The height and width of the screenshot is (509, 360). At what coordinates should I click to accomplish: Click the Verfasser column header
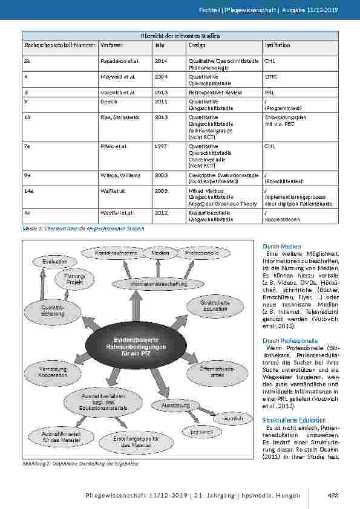112,45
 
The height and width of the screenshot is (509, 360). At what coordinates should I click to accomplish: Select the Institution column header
277,45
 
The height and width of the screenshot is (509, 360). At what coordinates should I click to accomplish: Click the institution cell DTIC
270,77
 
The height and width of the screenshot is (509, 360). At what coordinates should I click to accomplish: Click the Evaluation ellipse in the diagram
56,262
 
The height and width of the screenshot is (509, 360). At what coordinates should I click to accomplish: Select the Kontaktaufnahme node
114,253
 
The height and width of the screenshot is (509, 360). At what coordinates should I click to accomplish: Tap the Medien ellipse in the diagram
160,253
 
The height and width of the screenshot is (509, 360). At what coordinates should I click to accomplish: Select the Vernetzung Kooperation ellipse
51,372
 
